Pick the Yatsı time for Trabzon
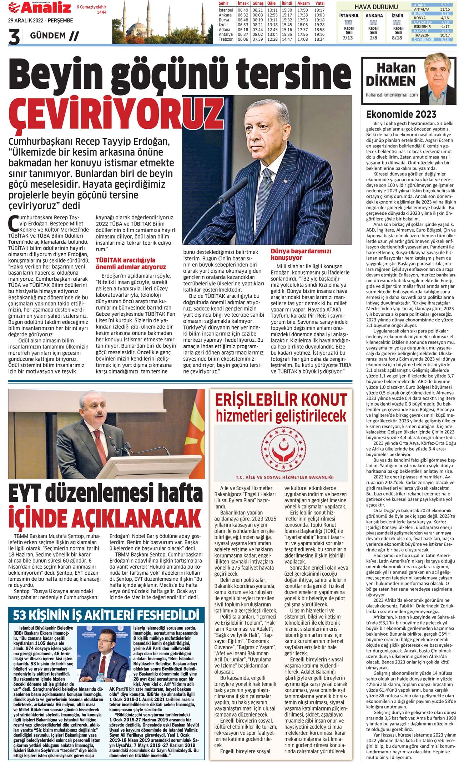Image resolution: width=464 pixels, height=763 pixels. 319,39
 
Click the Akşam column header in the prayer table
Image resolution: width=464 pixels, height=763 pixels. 303,3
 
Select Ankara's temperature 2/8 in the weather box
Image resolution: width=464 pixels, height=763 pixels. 373,37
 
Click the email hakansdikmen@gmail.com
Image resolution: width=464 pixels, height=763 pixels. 392,95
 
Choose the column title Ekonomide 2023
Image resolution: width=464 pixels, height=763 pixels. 401,115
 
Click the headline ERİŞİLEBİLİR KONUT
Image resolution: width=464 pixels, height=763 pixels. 281,400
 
